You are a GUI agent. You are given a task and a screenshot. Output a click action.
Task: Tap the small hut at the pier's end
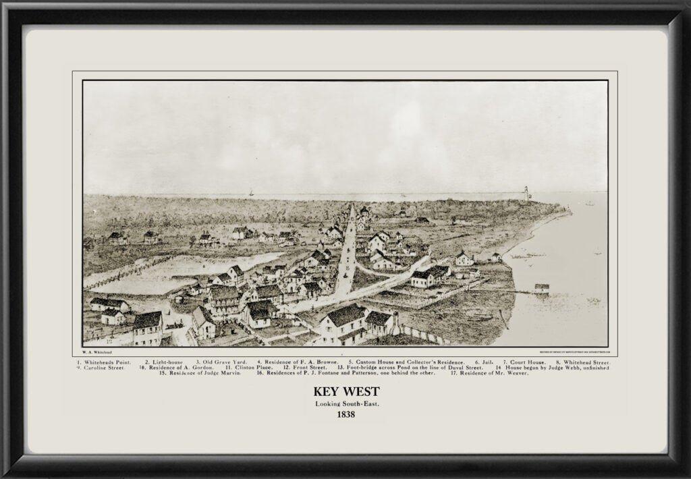tap(541, 288)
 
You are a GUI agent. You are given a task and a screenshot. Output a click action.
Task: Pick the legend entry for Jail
tap(485, 362)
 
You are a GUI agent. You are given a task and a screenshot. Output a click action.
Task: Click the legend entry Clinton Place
tap(247, 368)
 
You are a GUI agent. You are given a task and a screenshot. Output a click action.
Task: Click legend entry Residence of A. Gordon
tap(177, 368)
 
